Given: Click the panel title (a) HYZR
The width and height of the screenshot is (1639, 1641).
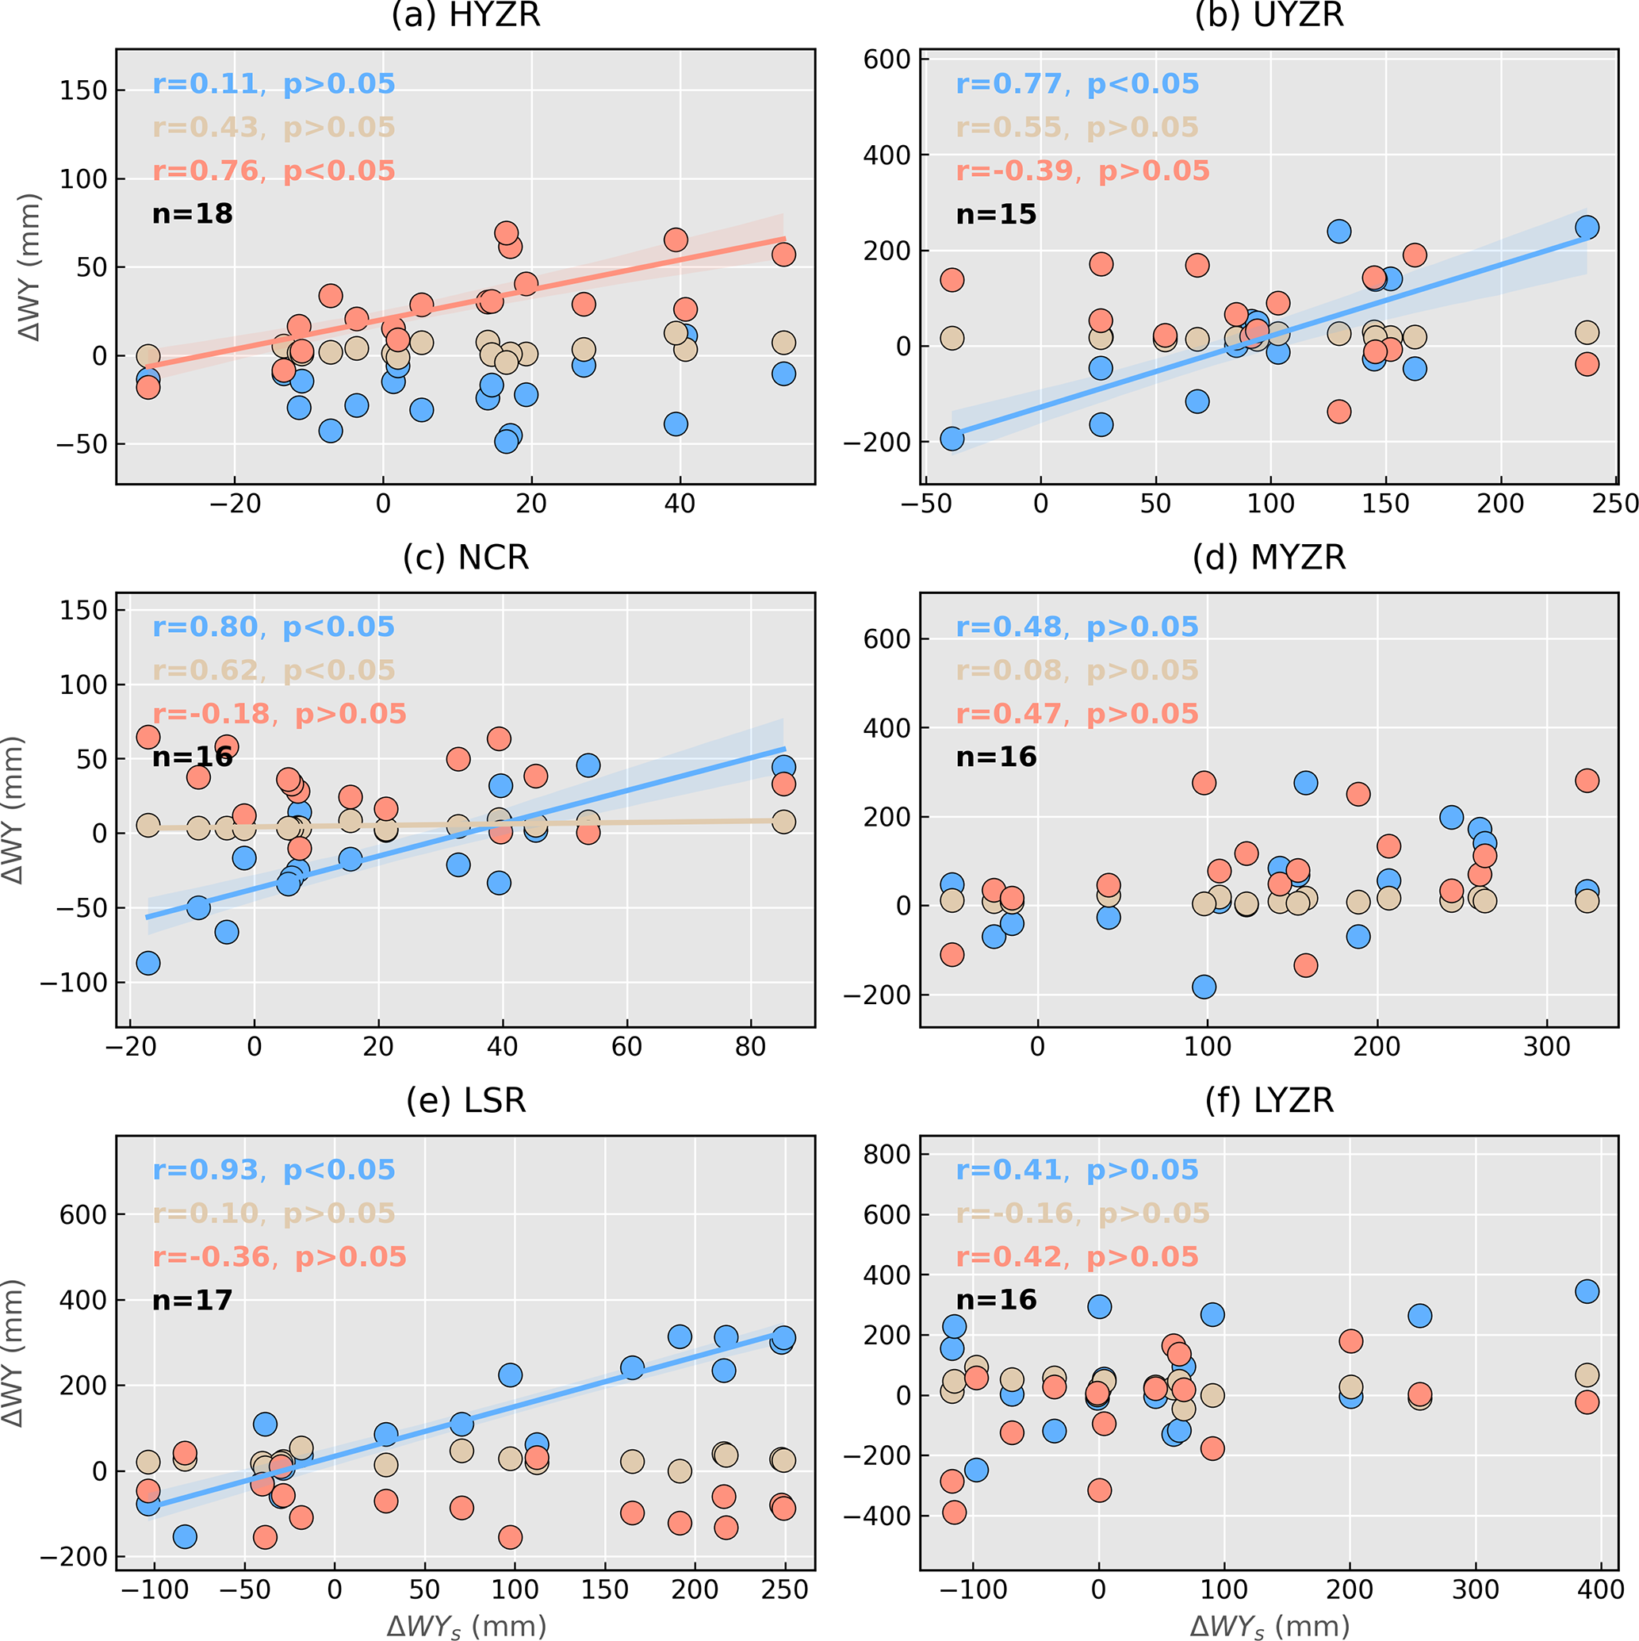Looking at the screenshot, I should (x=465, y=15).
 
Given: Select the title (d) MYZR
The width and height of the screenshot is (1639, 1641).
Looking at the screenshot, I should (x=1269, y=558).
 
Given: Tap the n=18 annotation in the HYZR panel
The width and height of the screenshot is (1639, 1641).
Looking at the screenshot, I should (x=192, y=214).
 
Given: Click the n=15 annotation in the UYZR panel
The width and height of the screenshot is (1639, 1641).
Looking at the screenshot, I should (x=996, y=214).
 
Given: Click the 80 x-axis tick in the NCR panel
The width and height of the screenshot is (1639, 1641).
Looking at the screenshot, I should (x=751, y=1046).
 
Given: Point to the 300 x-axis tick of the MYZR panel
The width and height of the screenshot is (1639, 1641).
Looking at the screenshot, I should (x=1546, y=1046).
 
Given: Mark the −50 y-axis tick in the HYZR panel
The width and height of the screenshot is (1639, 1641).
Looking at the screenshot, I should (x=82, y=444).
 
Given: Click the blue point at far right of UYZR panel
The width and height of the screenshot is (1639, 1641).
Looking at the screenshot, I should (x=1587, y=228).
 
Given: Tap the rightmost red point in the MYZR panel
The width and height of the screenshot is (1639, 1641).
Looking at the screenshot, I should (x=1587, y=780).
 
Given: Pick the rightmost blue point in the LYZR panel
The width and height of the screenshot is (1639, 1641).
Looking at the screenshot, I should (x=1587, y=1292).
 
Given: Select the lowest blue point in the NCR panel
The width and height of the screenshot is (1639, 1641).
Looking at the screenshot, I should (x=148, y=963).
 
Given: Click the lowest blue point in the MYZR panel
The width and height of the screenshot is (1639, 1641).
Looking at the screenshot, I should (x=1204, y=987).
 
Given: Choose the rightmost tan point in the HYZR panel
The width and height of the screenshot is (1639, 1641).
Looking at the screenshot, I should (x=783, y=343).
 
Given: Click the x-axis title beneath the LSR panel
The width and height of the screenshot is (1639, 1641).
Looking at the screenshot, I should (x=465, y=1626).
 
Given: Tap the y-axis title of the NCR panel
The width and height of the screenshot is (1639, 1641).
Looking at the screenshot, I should (x=13, y=810).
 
